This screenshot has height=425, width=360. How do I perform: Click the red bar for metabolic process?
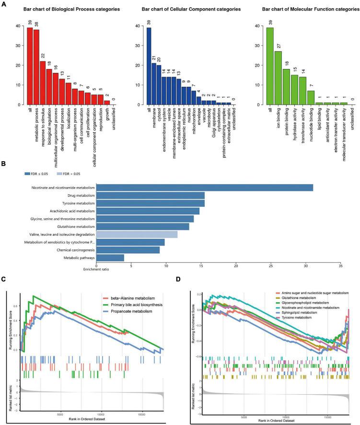(x=36, y=67)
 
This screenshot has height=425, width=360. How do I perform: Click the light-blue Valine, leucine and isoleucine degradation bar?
(x=137, y=234)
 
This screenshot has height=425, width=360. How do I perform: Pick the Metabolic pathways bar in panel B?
(x=110, y=258)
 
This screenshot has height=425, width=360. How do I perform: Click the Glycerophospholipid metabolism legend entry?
(x=303, y=303)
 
